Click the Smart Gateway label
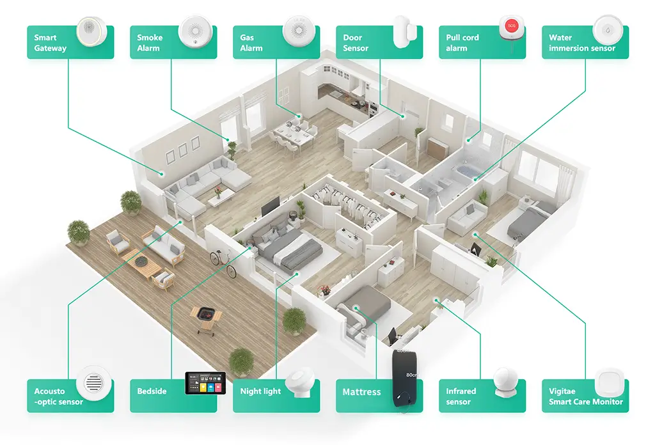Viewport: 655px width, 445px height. coord(50,43)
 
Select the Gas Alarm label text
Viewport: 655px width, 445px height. coord(247,43)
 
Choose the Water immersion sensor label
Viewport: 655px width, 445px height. coord(581,43)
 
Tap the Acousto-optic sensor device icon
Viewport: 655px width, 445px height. coord(90,384)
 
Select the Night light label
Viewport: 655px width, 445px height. coord(260,391)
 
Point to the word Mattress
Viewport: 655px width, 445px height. coord(361,392)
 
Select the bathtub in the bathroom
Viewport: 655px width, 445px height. coord(466,171)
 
